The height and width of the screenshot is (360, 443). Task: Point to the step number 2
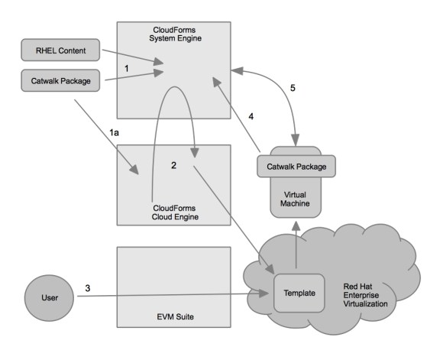click(x=175, y=165)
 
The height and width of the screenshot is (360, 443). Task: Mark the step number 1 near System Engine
click(x=129, y=67)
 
